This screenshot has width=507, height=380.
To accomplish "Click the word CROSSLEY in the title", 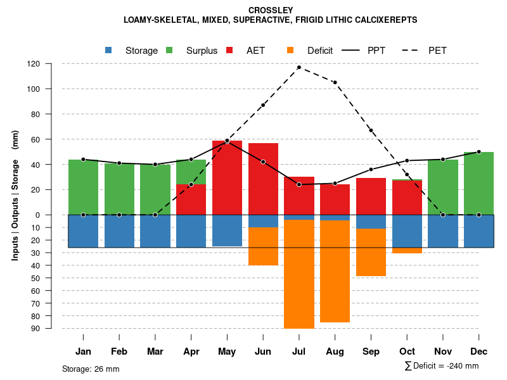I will coord(271,10).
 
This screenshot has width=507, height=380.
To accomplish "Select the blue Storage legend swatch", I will coord(109,50).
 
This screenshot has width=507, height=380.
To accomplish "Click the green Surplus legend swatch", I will coord(169,50).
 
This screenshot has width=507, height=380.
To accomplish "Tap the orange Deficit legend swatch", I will coord(290,50).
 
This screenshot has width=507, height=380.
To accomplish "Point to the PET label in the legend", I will coord(437,51).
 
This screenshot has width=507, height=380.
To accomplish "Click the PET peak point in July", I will coord(298,67).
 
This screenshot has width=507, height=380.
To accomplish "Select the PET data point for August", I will coord(335,82).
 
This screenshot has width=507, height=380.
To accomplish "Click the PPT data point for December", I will coord(478,152).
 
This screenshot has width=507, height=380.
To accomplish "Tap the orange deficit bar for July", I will coord(298,274).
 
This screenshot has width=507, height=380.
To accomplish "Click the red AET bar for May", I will coord(227,177).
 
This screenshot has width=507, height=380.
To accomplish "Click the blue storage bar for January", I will coord(83,231).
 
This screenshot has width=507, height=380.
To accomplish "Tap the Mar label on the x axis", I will coord(155,351).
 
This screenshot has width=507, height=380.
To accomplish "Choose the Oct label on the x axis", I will coord(407,351).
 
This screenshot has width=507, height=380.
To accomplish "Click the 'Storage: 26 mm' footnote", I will coord(91,369).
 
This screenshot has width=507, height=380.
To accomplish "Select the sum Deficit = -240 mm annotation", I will coord(441,366).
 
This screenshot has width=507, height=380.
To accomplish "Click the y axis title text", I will coord(15,195).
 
